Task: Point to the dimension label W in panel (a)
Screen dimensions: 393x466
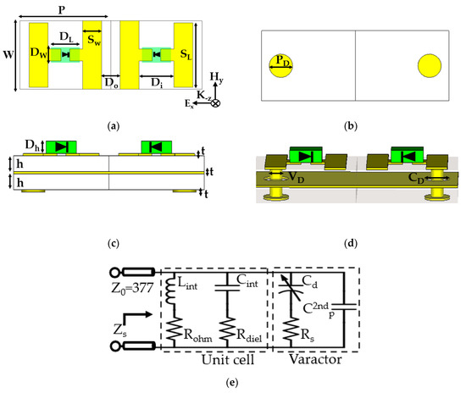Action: tap(8, 58)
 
